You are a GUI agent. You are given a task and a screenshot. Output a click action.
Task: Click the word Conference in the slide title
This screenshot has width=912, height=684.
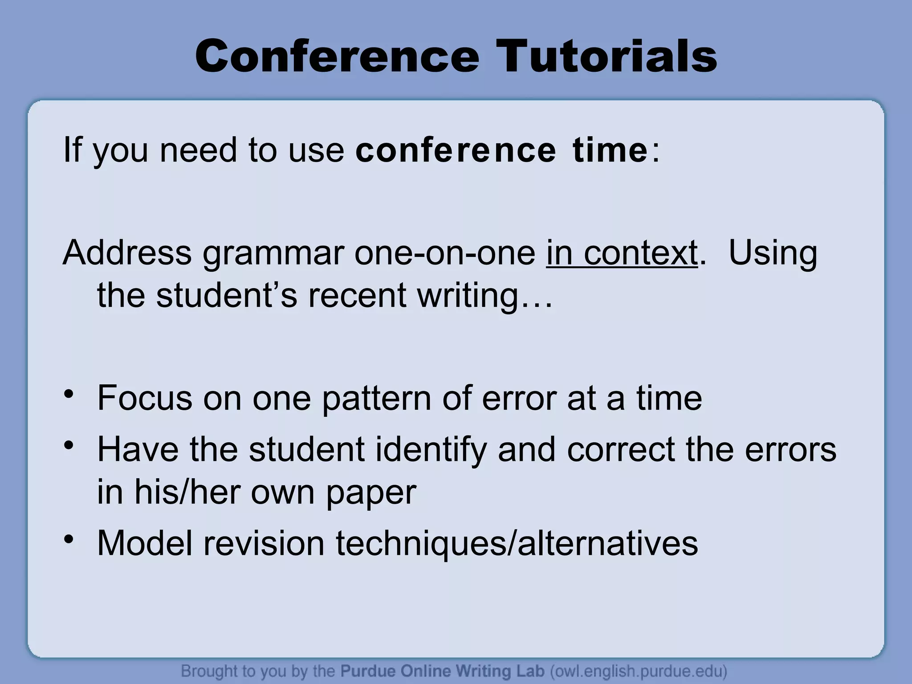(337, 57)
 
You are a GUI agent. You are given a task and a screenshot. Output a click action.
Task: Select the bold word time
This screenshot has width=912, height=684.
(610, 150)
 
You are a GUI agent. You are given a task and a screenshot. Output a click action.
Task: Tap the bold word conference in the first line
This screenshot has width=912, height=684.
(456, 150)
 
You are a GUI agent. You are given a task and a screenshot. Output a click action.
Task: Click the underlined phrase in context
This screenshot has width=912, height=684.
(622, 253)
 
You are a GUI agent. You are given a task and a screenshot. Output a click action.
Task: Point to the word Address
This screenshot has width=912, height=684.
(127, 253)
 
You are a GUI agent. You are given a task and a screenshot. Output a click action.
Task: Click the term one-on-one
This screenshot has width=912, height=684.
(445, 253)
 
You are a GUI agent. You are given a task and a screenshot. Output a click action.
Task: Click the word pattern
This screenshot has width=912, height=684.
(376, 399)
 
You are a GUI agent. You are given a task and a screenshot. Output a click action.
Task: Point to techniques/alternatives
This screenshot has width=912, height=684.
(517, 544)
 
